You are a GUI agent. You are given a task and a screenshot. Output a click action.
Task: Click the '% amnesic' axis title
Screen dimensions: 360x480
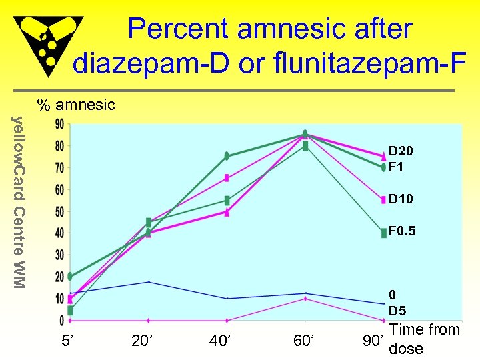point(76,105)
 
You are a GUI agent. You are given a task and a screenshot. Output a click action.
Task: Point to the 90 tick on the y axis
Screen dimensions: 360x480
point(59,125)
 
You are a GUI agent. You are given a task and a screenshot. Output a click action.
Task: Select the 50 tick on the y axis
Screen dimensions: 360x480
point(59,212)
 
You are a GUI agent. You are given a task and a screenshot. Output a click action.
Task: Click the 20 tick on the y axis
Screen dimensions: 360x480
point(59,277)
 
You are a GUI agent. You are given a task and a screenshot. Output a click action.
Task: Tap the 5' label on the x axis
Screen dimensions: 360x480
point(68,341)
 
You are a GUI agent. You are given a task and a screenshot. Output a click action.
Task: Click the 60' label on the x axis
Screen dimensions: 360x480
point(305,341)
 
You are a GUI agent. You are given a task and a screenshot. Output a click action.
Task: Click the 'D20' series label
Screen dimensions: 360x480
point(401,152)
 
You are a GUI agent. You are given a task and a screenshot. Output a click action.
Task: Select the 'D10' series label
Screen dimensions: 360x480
point(401,199)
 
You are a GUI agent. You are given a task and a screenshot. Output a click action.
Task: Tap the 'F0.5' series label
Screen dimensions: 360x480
point(403,231)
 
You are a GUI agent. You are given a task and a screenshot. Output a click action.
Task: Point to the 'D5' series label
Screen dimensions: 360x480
point(398,311)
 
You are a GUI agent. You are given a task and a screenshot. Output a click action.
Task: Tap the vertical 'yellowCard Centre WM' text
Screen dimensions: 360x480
point(20,203)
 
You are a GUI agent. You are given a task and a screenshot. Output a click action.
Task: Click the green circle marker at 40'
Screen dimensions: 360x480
point(227,156)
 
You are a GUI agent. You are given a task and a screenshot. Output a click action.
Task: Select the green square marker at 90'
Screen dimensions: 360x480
point(383,233)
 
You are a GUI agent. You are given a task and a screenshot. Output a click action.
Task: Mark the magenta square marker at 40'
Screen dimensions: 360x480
point(227,178)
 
